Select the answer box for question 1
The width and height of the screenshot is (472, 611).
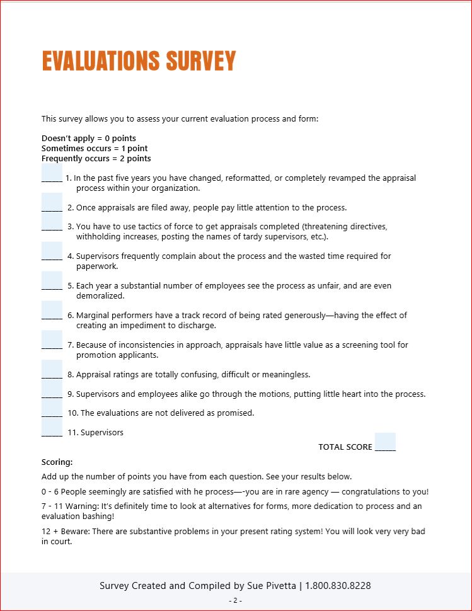pos(52,173)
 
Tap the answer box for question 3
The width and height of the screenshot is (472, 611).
pos(52,222)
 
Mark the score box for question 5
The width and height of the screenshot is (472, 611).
pos(52,281)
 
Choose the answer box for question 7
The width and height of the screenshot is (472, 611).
pos(52,340)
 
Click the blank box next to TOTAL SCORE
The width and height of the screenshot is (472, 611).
pos(385,442)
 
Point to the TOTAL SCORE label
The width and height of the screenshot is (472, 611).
pos(345,447)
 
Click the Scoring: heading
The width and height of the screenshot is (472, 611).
pos(57,462)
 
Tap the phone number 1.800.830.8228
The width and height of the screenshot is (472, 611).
pos(338,586)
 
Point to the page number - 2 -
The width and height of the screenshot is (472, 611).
pos(236,601)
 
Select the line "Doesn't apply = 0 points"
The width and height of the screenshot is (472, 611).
pos(89,139)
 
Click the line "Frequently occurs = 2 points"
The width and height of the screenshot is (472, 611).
pos(96,159)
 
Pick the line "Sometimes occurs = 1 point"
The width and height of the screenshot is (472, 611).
pos(95,149)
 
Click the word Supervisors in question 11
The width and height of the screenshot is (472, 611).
pos(102,433)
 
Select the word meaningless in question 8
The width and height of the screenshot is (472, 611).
pos(287,375)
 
